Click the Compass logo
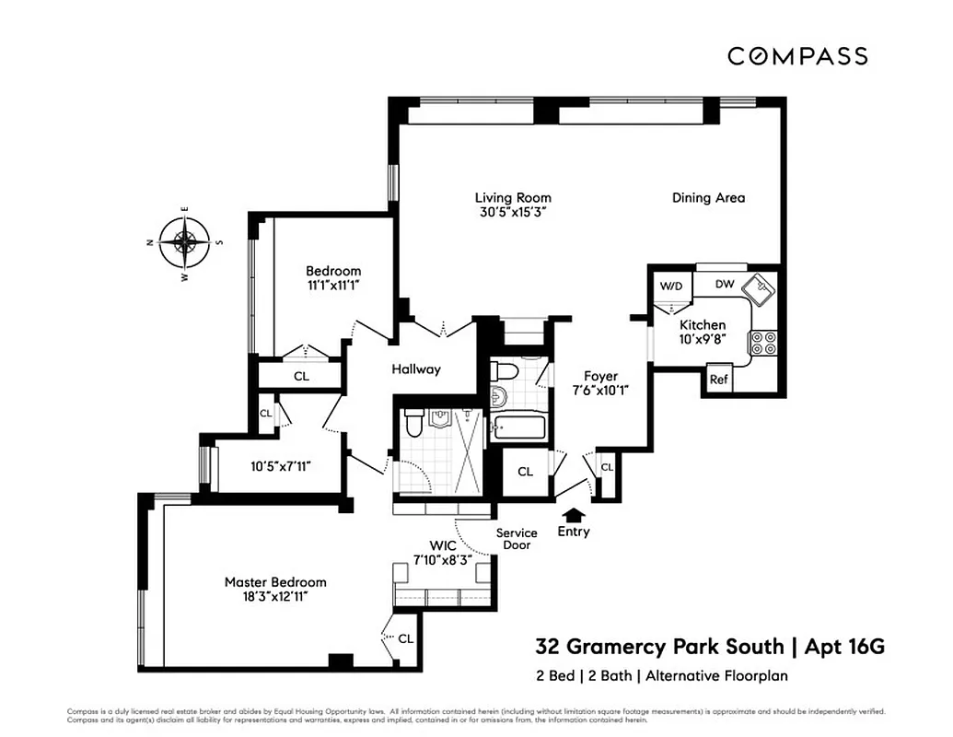[x=796, y=56]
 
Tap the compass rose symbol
[x=185, y=243]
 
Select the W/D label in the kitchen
[x=669, y=286]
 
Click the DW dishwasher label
[x=725, y=285]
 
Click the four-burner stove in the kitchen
[x=762, y=343]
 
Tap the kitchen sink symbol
[x=760, y=287]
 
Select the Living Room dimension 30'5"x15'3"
[x=513, y=213]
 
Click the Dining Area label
[x=708, y=197]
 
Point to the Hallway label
[x=416, y=369]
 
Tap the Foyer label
[x=600, y=376]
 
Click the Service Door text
[x=517, y=539]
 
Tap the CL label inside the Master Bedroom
[x=405, y=638]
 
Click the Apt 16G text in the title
[x=844, y=647]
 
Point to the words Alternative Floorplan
[x=716, y=676]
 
